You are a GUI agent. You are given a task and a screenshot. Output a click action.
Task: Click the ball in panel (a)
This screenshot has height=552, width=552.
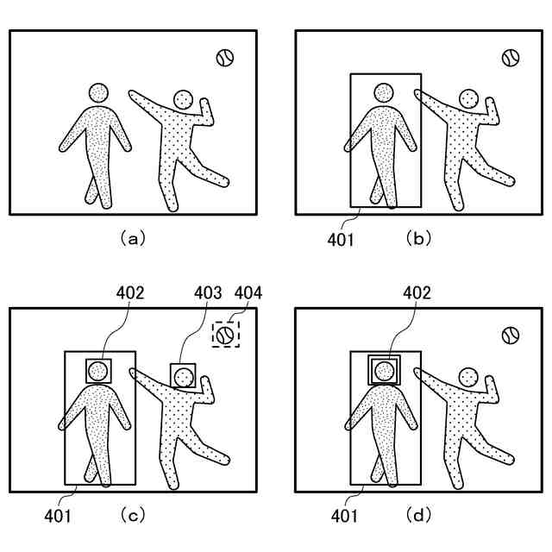click(225, 58)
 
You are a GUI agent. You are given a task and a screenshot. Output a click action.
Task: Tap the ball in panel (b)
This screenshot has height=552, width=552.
click(511, 58)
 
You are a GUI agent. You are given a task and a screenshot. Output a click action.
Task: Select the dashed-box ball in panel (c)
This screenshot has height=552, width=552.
click(225, 334)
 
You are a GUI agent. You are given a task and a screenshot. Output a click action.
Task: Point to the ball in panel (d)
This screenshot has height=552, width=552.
click(511, 334)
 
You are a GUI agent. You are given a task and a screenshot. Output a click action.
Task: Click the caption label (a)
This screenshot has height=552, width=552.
click(131, 239)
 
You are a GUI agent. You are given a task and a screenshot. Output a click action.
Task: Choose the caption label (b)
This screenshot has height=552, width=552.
click(418, 239)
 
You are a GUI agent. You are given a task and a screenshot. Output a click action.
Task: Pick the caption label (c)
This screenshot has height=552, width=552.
click(131, 516)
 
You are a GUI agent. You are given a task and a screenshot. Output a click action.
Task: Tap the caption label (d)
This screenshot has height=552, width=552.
click(418, 516)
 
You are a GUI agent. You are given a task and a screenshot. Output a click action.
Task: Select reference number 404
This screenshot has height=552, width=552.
click(248, 293)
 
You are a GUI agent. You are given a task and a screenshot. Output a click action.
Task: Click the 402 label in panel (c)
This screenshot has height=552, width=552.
click(130, 293)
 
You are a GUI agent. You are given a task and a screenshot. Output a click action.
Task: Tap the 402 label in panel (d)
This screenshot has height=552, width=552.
click(417, 293)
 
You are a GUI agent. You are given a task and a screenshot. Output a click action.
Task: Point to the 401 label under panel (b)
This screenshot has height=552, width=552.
click(341, 239)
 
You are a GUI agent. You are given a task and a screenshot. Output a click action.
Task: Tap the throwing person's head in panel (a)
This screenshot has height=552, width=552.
click(182, 100)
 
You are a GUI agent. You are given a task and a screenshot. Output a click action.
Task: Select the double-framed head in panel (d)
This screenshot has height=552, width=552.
click(385, 370)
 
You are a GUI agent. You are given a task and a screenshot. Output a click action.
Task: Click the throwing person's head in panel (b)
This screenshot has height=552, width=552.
click(468, 100)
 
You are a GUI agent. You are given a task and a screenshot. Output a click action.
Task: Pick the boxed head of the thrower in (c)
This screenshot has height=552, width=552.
click(182, 376)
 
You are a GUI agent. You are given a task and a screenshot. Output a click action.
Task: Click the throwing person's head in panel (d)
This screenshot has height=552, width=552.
click(468, 376)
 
